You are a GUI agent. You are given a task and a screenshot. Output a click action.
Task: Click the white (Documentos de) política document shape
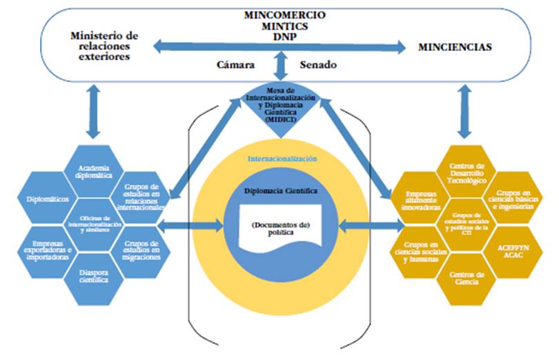(279, 228)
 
